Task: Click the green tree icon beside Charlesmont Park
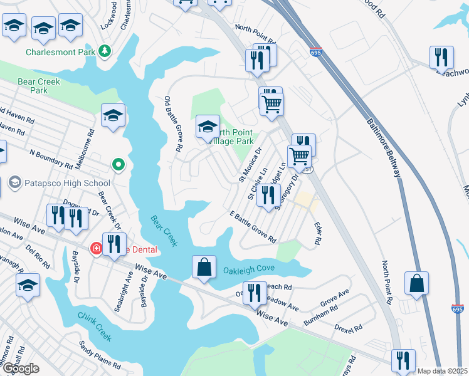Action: [106, 51]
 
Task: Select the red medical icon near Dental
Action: [97, 248]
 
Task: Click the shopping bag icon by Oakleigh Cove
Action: [204, 268]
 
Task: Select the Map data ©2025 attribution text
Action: [443, 371]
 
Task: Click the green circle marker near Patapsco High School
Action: [117, 165]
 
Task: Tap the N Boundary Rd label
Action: [50, 159]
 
